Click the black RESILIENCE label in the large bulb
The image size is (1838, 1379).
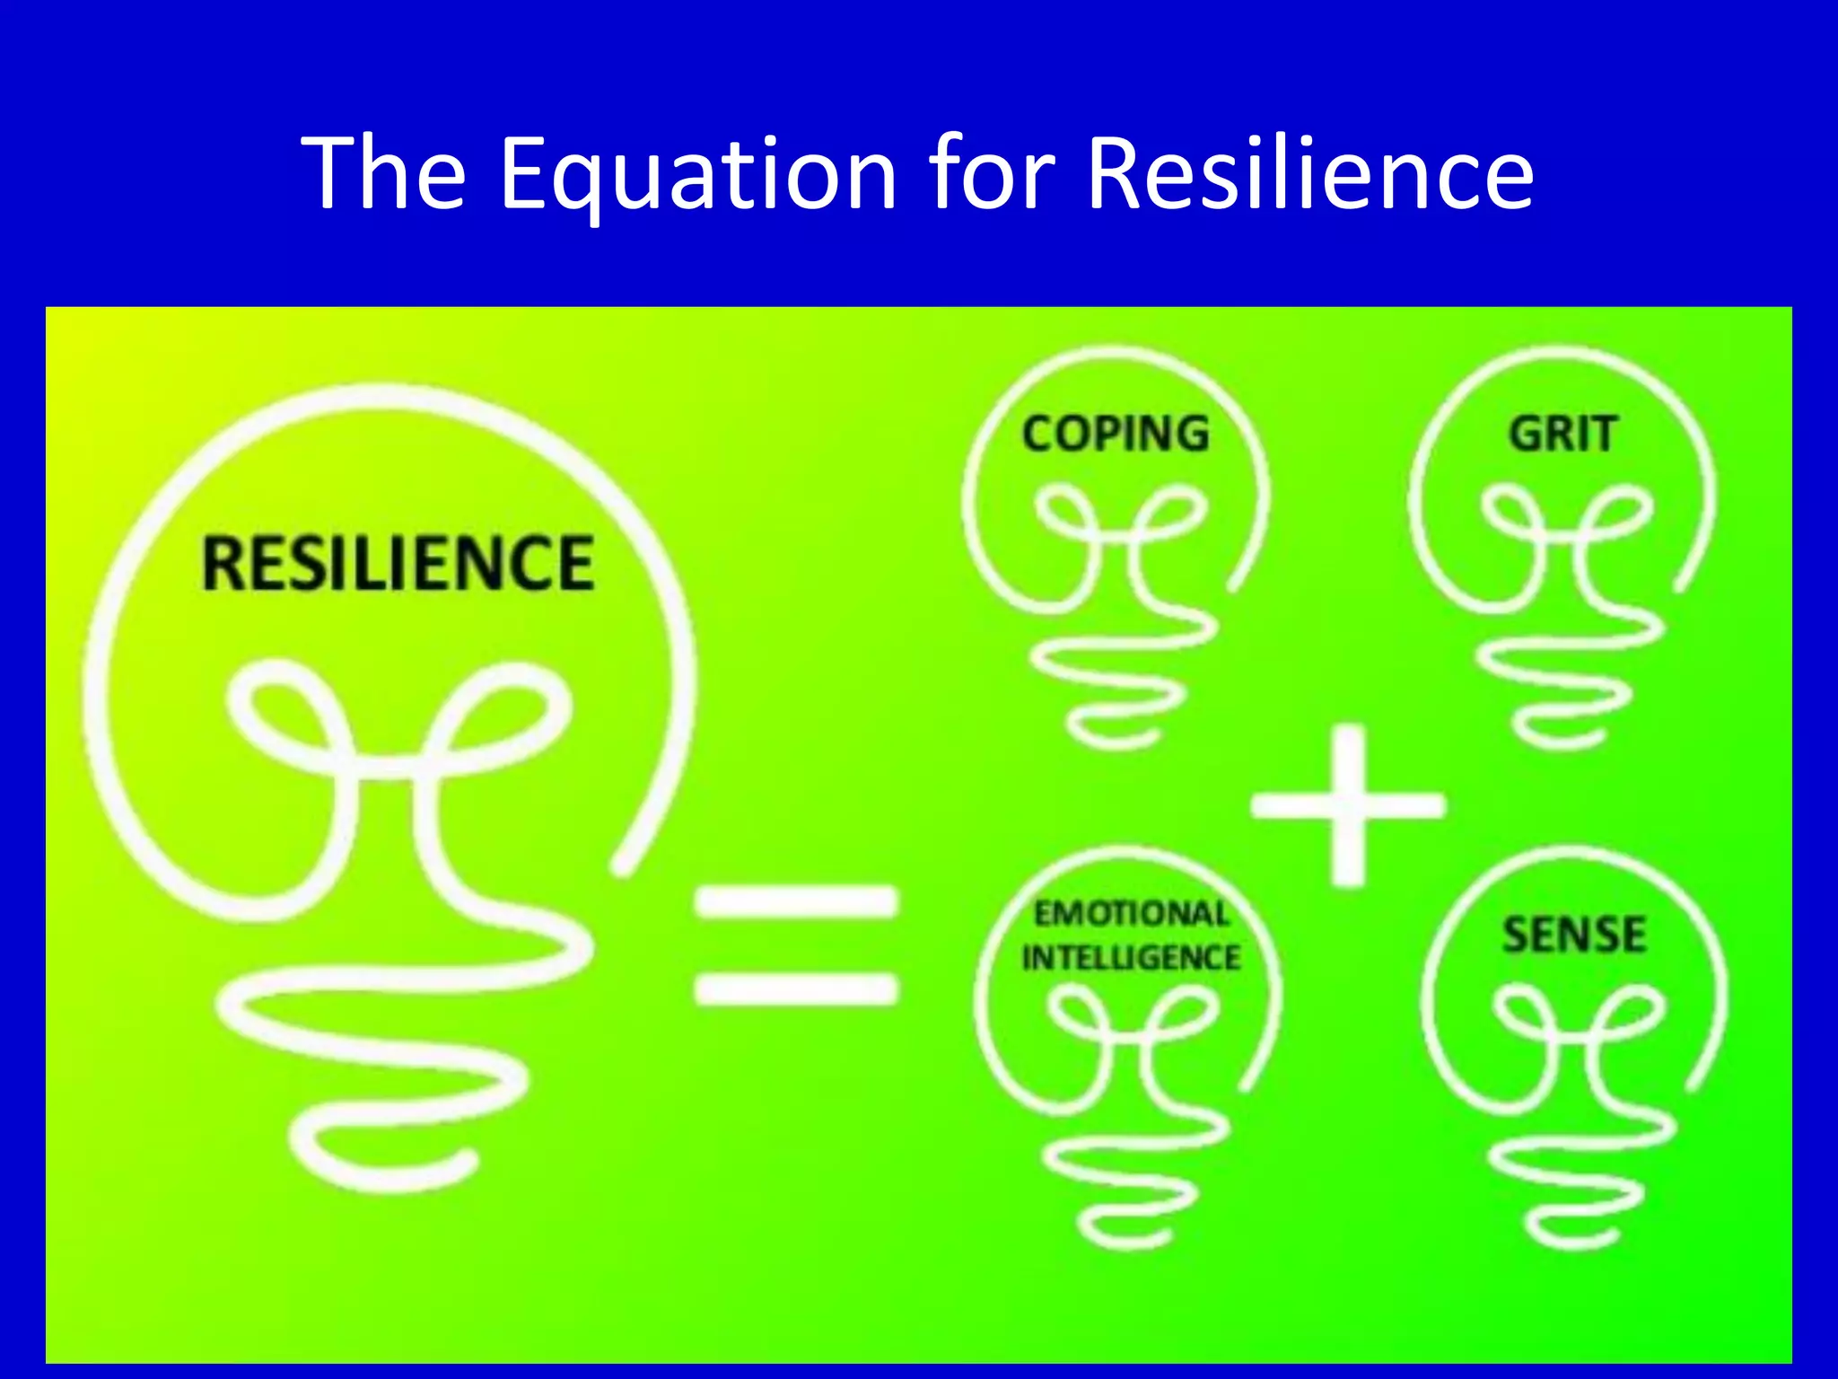coord(398,563)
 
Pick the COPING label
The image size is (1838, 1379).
coord(1116,434)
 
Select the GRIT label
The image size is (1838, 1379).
coord(1563,434)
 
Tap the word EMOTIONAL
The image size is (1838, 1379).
coord(1131,914)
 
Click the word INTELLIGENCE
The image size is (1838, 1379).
coord(1131,958)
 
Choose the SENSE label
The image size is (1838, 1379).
coord(1574,935)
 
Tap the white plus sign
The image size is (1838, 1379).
coord(1348,804)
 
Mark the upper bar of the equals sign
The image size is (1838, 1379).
coord(796,902)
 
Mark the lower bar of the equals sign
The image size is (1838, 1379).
coord(796,988)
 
